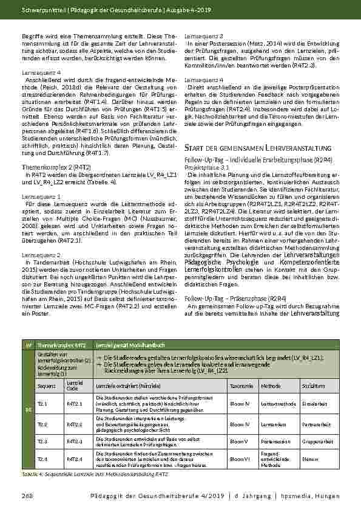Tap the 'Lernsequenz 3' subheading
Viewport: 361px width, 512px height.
click(203, 36)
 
